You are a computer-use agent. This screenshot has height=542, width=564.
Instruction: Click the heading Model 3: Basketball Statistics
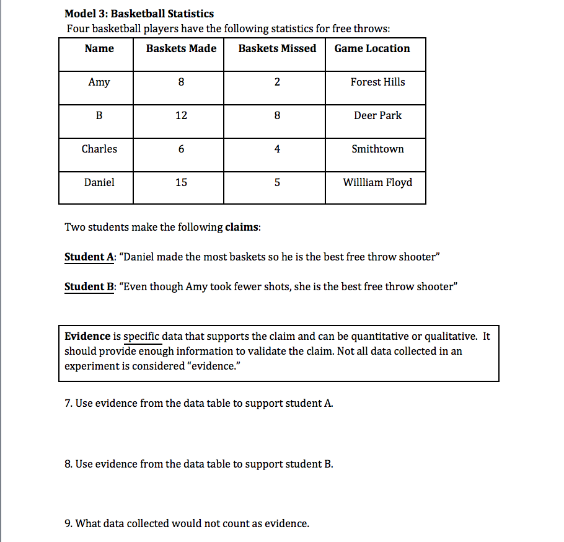click(x=139, y=14)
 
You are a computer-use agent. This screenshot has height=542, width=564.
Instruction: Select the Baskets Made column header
click(x=181, y=48)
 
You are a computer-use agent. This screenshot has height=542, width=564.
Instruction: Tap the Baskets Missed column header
click(x=277, y=48)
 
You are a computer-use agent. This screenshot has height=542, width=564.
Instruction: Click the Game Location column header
click(x=372, y=48)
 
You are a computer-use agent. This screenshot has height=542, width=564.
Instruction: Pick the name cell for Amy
click(x=99, y=82)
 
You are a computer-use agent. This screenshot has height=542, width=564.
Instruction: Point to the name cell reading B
click(x=99, y=115)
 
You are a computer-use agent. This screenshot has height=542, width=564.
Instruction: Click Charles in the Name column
click(x=99, y=149)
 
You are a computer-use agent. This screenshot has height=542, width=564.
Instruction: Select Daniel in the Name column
click(x=99, y=182)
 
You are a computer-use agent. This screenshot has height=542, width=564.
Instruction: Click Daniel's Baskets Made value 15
click(x=181, y=182)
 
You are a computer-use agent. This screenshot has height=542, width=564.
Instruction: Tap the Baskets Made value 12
click(x=181, y=115)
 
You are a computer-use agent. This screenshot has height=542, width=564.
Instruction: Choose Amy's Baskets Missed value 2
click(x=277, y=82)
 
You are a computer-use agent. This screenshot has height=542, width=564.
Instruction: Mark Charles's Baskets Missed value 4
click(x=277, y=149)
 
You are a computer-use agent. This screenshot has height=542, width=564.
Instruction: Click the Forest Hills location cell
click(x=377, y=82)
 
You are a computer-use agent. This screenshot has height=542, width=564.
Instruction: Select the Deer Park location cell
click(x=377, y=115)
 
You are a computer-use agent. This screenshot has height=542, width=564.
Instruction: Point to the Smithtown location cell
click(x=377, y=149)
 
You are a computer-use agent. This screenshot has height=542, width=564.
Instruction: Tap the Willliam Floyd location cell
click(x=377, y=182)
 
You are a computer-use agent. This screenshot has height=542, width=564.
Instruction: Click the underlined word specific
click(x=143, y=337)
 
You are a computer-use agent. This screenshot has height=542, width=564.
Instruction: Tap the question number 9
click(x=68, y=523)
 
